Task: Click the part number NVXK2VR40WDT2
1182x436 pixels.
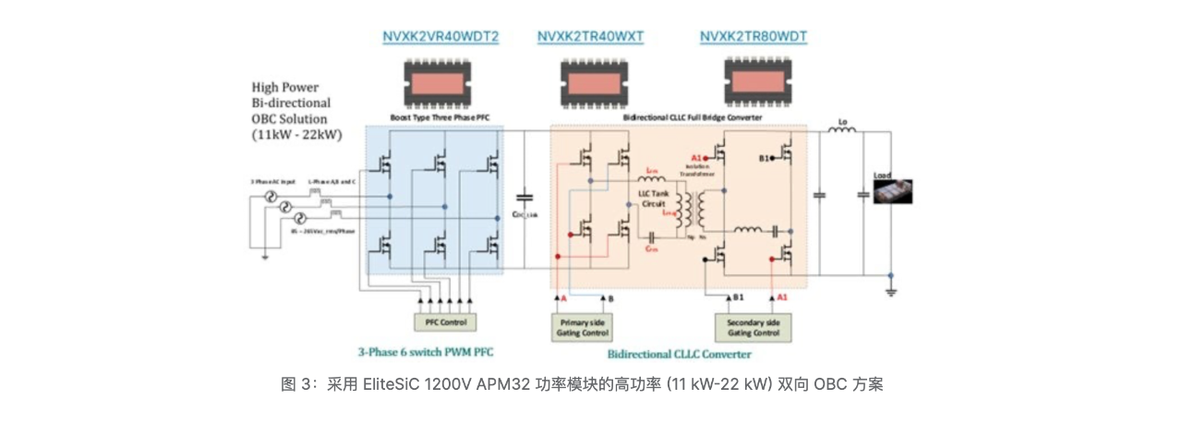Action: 440,37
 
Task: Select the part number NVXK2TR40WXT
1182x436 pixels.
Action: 590,37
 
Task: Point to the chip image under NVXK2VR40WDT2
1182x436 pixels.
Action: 441,83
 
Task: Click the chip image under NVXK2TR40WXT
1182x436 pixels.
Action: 591,83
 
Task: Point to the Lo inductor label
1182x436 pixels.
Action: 842,120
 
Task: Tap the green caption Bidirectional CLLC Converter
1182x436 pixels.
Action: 679,353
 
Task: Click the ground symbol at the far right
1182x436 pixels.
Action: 890,290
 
